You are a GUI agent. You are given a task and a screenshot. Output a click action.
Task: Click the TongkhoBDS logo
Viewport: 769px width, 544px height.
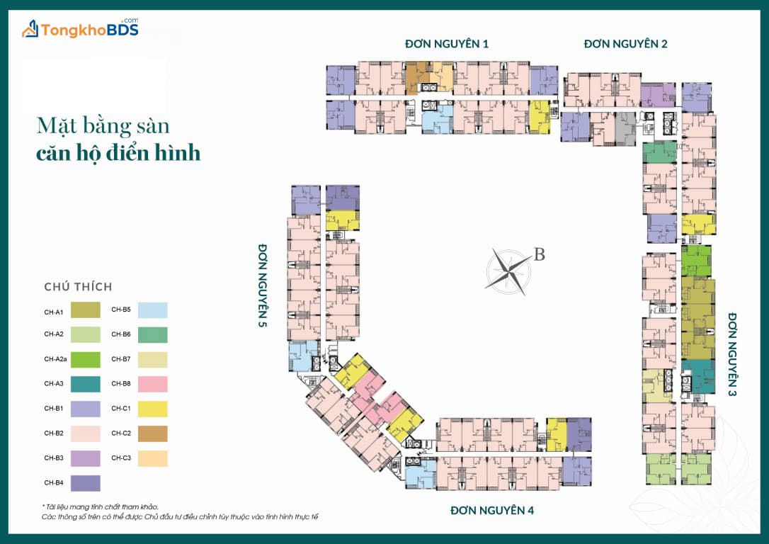[x=81, y=28]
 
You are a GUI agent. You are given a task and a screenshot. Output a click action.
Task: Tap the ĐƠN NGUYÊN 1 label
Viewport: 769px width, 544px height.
[x=447, y=44]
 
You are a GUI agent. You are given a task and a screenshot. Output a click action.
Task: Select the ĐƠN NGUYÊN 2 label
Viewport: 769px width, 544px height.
[x=625, y=44]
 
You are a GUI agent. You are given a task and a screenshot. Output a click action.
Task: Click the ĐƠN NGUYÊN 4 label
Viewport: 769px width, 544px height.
[x=492, y=510]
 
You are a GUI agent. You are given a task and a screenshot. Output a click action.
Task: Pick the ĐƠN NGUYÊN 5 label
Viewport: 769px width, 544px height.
[x=263, y=285]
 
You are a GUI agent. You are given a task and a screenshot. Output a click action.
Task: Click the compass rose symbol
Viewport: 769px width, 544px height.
[x=508, y=271]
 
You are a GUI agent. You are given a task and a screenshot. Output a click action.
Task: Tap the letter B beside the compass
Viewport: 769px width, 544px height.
[x=539, y=254]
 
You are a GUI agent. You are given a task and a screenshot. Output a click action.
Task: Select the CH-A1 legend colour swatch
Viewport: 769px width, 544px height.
[x=86, y=310]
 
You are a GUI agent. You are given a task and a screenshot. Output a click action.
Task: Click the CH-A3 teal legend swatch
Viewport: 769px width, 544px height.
[x=86, y=384]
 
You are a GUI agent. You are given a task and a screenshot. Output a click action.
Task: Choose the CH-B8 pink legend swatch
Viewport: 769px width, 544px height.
[x=152, y=384]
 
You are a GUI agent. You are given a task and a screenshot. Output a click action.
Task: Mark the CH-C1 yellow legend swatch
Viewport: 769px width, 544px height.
[x=152, y=409]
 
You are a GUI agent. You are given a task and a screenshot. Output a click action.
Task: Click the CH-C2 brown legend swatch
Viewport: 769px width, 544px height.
[x=152, y=433]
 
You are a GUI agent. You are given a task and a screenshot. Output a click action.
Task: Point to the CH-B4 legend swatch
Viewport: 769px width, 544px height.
[x=86, y=483]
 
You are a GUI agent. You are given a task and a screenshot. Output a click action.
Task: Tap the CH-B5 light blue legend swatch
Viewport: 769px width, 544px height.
[x=152, y=310]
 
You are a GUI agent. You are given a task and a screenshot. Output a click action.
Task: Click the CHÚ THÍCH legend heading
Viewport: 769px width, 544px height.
[x=78, y=286]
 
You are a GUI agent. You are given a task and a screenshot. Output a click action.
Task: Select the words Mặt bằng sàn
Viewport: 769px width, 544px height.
[x=103, y=125]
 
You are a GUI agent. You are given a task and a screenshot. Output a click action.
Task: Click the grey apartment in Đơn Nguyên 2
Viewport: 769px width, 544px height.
[x=625, y=128]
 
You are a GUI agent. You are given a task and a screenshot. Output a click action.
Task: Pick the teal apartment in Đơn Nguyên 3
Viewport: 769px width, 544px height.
[x=698, y=376]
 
